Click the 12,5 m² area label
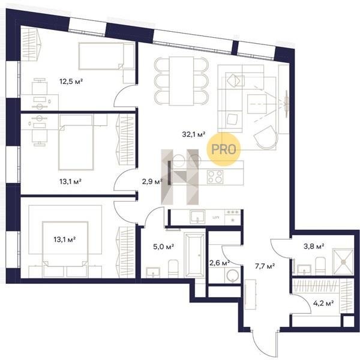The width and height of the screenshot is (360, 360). (x=71, y=81)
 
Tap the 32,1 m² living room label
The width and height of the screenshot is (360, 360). (x=194, y=134)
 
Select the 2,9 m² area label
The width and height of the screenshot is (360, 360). (x=152, y=182)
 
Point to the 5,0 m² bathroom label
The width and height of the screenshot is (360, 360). (x=163, y=247)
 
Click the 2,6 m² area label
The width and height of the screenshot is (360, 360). (x=220, y=263)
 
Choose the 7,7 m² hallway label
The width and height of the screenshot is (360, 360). (x=265, y=266)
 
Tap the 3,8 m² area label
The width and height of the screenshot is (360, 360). (x=314, y=247)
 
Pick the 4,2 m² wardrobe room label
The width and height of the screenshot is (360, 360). (x=323, y=303)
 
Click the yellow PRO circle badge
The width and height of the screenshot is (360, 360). (x=223, y=149)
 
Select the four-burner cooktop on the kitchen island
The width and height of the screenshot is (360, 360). (x=215, y=177)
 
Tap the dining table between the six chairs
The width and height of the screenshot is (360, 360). (x=181, y=81)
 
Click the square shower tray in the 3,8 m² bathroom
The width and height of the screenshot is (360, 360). (x=343, y=262)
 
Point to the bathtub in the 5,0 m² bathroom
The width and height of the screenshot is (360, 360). (x=194, y=255)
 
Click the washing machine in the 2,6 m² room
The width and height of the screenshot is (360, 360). (x=232, y=275)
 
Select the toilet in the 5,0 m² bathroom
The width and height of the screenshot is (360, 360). (x=173, y=268)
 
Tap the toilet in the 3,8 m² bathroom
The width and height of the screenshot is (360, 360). (x=320, y=266)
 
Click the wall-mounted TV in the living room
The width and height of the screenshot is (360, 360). (x=286, y=104)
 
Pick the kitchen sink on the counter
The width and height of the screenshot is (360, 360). (x=197, y=217)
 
